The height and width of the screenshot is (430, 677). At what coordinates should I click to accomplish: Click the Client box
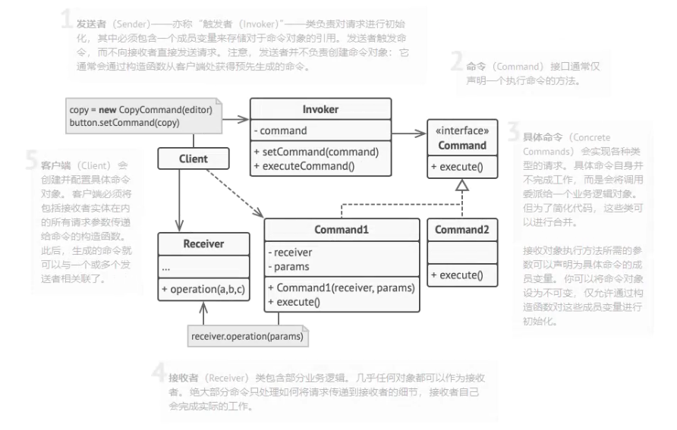(194, 159)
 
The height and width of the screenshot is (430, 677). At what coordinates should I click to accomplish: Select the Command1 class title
(342, 229)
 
